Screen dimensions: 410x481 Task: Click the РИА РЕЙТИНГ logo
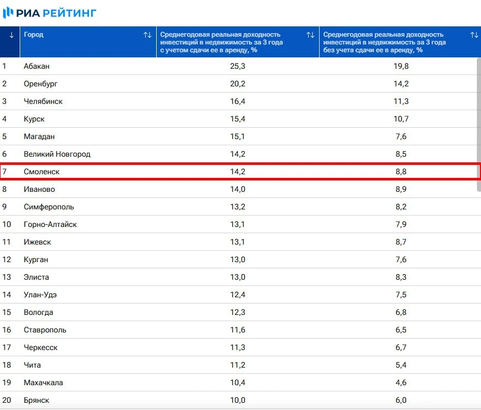click(x=50, y=13)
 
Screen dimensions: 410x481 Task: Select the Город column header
click(x=34, y=35)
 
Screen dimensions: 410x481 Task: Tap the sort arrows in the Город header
click(x=147, y=35)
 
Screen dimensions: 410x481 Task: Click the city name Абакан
click(x=37, y=66)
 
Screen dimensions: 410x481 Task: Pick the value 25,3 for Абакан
click(x=237, y=66)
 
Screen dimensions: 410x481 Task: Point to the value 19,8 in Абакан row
click(x=401, y=66)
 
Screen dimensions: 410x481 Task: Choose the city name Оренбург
click(x=40, y=84)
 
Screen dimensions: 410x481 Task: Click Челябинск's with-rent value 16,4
click(x=237, y=101)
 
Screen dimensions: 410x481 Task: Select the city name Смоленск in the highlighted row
click(x=41, y=172)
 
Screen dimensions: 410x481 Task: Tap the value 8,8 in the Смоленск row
click(x=400, y=172)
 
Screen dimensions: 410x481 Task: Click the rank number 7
click(x=5, y=172)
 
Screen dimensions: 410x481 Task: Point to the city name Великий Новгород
click(x=57, y=154)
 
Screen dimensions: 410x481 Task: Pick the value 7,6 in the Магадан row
click(x=400, y=136)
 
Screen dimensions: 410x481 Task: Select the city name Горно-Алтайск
click(x=50, y=224)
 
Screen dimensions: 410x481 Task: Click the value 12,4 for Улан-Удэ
click(x=237, y=295)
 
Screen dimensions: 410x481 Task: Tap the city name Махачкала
click(x=43, y=383)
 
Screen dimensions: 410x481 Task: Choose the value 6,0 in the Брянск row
click(x=400, y=400)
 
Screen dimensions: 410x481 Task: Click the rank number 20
click(x=7, y=400)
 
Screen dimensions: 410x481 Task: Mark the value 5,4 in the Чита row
click(x=400, y=365)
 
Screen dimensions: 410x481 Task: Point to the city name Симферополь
click(x=49, y=207)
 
